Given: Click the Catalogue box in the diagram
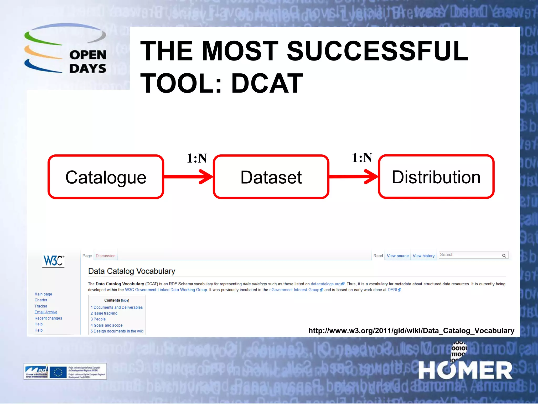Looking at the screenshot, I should coord(106,177).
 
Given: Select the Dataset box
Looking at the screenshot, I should coord(271,177).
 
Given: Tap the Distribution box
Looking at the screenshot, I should coord(436,177).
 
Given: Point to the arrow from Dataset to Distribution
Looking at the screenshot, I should coord(354,176).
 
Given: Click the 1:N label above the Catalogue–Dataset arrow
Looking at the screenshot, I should coord(197,158).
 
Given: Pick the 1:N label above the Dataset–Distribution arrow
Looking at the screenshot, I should coord(362,158).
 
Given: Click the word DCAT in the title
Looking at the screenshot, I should coord(267,83).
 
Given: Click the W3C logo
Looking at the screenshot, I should coord(53,260).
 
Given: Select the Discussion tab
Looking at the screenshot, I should coord(105,256).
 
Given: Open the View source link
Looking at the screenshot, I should coord(397,256).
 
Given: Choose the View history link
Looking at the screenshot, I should coord(423,256).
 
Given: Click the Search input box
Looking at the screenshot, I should coord(470,255).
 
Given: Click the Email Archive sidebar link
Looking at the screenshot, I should coord(46,312).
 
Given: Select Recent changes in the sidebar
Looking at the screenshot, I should coord(48,318).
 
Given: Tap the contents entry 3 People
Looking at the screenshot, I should coord(98,319).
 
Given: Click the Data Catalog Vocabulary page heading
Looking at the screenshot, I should coord(132,271).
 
